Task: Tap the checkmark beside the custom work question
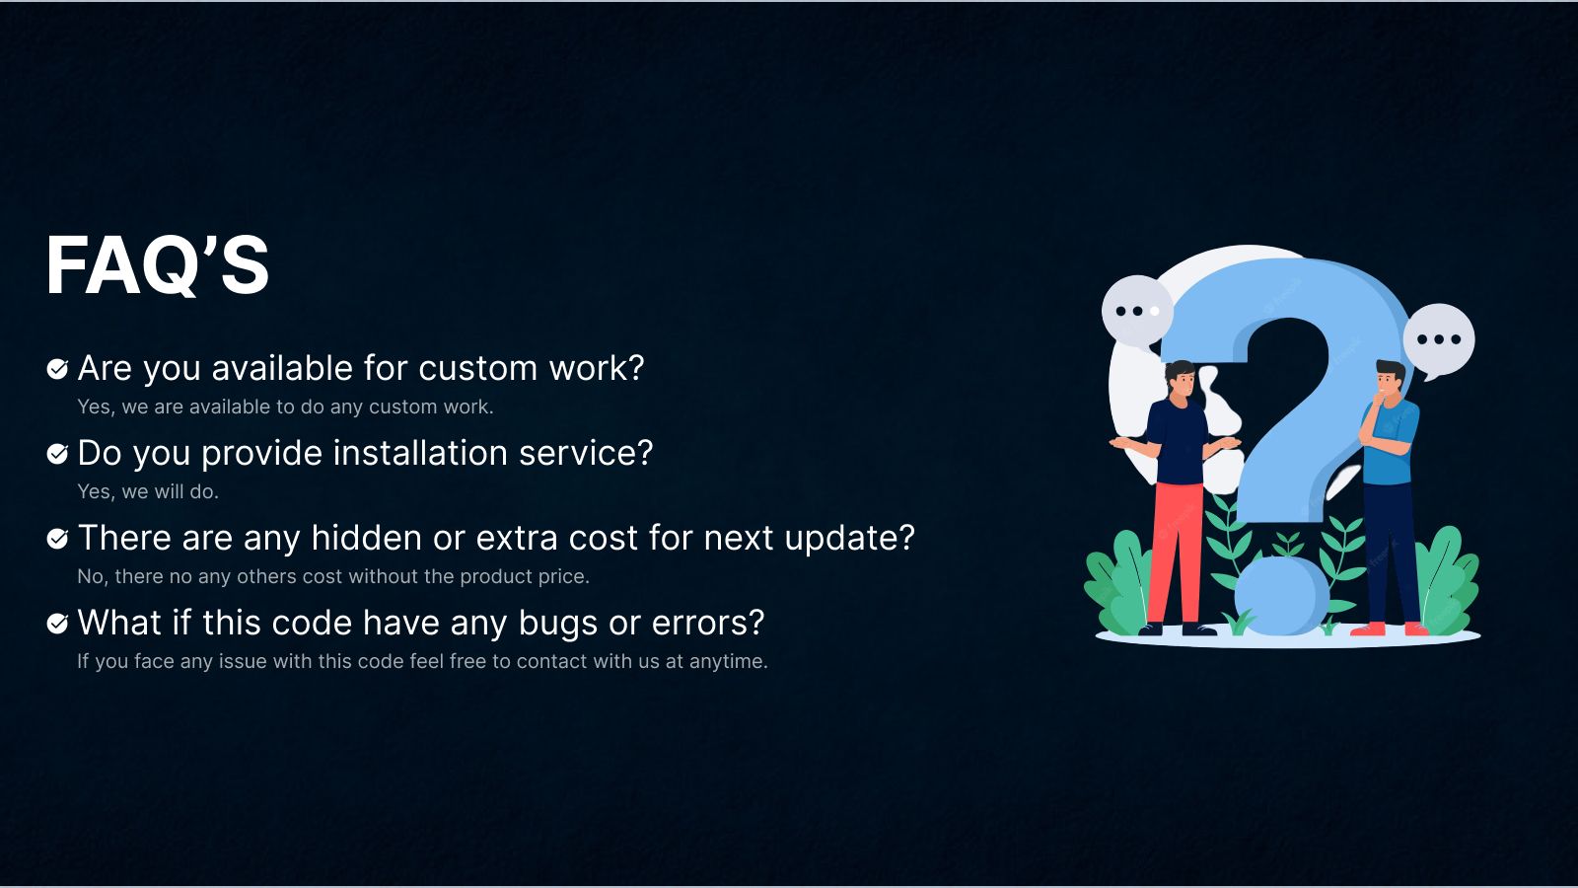[x=57, y=369]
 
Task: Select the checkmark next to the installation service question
[x=57, y=454]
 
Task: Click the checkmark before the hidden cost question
[x=57, y=539]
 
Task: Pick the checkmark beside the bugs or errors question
[x=57, y=624]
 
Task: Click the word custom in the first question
[x=478, y=368]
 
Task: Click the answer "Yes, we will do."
[x=148, y=491]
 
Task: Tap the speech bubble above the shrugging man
[x=1136, y=310]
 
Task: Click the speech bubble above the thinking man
[x=1439, y=339]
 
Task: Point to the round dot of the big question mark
[x=1280, y=595]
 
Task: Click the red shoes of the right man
[x=1391, y=629]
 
